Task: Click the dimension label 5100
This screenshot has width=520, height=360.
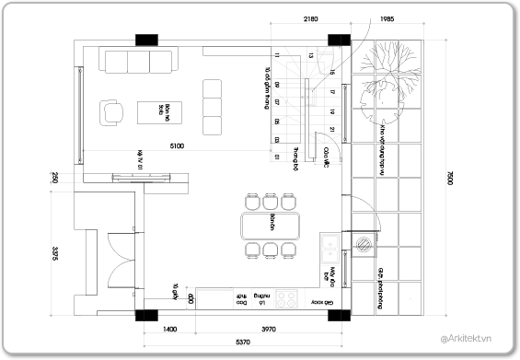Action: pyautogui.click(x=177, y=145)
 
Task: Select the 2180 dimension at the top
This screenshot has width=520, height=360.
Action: pyautogui.click(x=311, y=19)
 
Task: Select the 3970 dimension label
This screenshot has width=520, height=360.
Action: pyautogui.click(x=269, y=329)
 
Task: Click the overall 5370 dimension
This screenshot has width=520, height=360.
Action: pyautogui.click(x=244, y=342)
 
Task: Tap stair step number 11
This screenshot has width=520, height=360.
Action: pyautogui.click(x=277, y=56)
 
